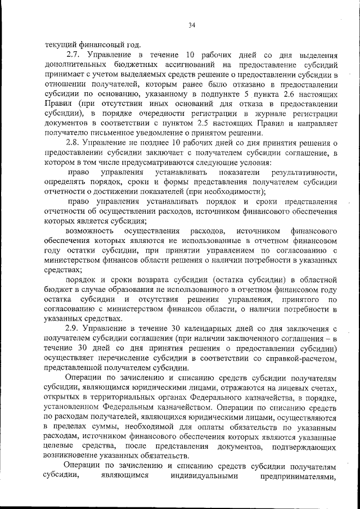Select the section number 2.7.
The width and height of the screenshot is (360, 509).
click(x=74, y=55)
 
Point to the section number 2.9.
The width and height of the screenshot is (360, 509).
click(x=74, y=327)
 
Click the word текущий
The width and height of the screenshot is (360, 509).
click(x=60, y=45)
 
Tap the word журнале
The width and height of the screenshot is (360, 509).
click(x=262, y=114)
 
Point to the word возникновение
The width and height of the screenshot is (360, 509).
click(x=74, y=455)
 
